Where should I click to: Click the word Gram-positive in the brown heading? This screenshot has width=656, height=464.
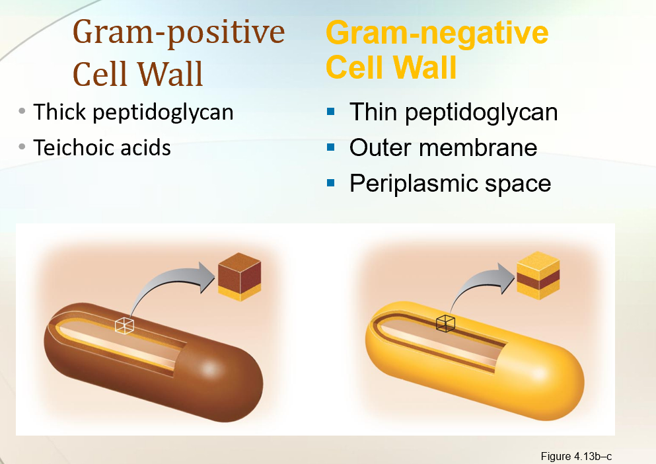179,32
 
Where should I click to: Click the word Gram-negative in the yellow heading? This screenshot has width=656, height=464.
437,32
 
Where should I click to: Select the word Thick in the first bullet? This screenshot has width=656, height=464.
60,112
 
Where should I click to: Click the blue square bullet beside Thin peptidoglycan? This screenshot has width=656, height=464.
331,112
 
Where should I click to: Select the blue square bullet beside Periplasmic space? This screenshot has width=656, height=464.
331,182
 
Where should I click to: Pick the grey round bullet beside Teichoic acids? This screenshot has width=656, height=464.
23,146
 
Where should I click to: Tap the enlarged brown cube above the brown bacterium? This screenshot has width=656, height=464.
239,277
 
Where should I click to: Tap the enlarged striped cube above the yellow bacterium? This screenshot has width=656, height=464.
538,276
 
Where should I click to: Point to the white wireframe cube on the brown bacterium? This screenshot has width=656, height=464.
124,325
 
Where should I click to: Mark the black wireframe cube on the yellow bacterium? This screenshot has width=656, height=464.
445,323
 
